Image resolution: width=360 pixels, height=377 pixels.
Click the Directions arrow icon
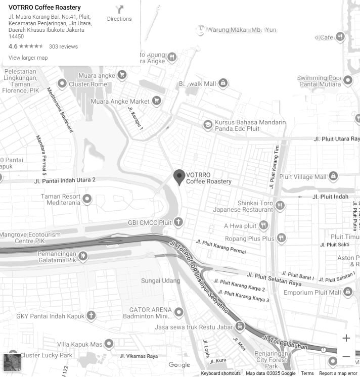pyautogui.click(x=119, y=10)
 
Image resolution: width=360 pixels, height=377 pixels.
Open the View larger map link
pyautogui.click(x=28, y=58)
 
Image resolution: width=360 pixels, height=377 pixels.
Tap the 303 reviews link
pyautogui.click(x=63, y=46)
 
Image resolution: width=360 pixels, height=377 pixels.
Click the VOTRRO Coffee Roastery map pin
pyautogui.click(x=179, y=177)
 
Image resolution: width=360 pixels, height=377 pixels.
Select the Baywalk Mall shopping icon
pyautogui.click(x=223, y=83)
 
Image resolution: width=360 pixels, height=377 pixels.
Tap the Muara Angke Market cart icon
pyautogui.click(x=157, y=101)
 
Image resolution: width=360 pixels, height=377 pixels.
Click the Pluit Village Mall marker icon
pyautogui.click(x=333, y=176)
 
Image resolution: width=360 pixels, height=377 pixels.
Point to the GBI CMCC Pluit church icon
pyautogui.click(x=178, y=222)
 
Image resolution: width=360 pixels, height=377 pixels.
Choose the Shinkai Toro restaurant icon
pyautogui.click(x=280, y=206)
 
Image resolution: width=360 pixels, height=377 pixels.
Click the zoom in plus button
pyautogui.click(x=346, y=338)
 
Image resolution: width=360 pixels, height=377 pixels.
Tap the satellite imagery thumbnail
pyautogui.click(x=12, y=362)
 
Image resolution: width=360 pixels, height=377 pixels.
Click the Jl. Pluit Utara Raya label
pyautogui.click(x=336, y=138)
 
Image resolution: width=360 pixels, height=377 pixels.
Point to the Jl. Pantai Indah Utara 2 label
pyautogui.click(x=65, y=180)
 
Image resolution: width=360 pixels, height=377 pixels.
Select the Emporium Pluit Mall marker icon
pyautogui.click(x=348, y=292)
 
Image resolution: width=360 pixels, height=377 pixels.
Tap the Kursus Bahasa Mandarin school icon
pyautogui.click(x=207, y=125)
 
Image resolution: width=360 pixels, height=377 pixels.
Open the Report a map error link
pyautogui.click(x=338, y=373)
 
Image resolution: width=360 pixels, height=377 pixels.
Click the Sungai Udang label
pyautogui.click(x=160, y=280)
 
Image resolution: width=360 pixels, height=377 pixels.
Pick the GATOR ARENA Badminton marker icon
pyautogui.click(x=179, y=312)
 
